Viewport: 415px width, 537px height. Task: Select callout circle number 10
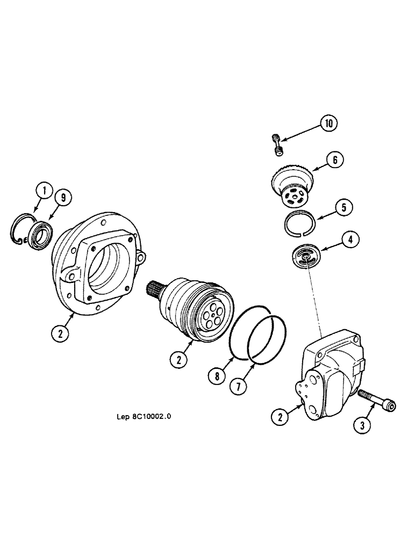point(329,124)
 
